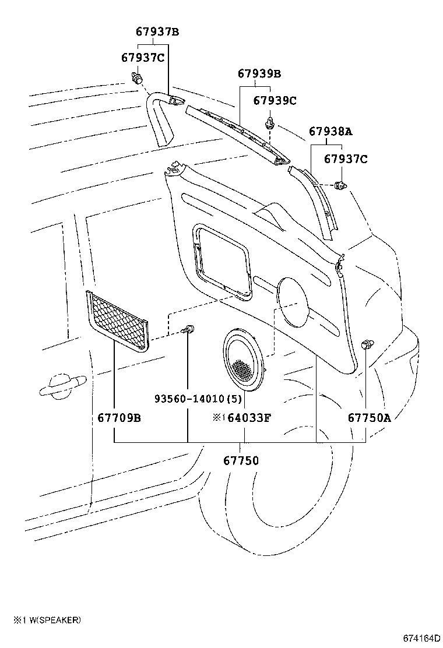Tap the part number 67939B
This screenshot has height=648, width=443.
click(259, 73)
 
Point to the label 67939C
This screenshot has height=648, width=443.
click(275, 100)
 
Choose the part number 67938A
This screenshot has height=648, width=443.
click(331, 132)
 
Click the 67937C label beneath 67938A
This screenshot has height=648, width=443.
click(346, 159)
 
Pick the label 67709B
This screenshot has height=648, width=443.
click(119, 417)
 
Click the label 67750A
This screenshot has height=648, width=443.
click(370, 417)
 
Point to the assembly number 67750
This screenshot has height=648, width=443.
click(241, 460)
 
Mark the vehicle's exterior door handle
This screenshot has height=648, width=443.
click(61, 386)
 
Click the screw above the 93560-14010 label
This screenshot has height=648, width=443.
click(188, 330)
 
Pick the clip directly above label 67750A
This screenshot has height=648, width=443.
click(367, 344)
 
